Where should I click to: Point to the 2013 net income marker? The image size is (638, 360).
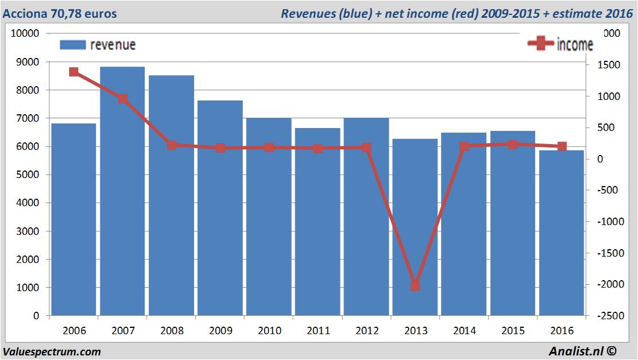(x=416, y=286)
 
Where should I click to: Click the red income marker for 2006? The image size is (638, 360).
(x=74, y=72)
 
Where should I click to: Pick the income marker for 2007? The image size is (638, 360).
(x=123, y=99)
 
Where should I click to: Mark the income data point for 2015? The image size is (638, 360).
(x=513, y=144)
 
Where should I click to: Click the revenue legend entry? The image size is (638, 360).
(x=98, y=45)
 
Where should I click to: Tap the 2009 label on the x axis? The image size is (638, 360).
(x=221, y=331)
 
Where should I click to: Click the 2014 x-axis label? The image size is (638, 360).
(x=465, y=331)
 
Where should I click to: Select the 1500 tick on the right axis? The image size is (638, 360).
(x=610, y=65)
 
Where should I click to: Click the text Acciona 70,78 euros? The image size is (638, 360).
(x=60, y=13)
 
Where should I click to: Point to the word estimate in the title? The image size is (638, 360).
(x=576, y=13)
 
